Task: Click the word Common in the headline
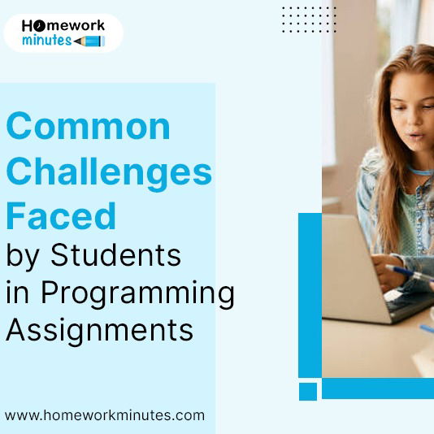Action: (x=89, y=128)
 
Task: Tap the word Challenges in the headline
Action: (x=109, y=172)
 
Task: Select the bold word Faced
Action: (x=61, y=216)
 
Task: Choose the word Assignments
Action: (x=100, y=330)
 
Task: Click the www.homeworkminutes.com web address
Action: (x=105, y=415)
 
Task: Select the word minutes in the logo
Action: (x=47, y=40)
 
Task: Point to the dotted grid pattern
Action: (x=308, y=20)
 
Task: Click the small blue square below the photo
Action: (x=308, y=391)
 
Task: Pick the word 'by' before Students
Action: (x=24, y=256)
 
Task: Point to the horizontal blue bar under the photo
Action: (x=377, y=388)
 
